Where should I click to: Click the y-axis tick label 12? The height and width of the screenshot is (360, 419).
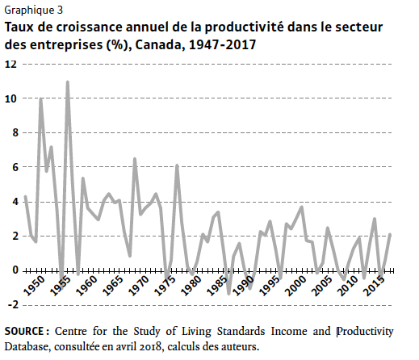pos(10,65)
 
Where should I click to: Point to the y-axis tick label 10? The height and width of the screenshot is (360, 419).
pos(10,98)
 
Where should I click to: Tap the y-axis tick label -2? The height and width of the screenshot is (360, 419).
pos(11,305)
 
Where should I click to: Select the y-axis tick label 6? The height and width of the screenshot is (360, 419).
pos(15,167)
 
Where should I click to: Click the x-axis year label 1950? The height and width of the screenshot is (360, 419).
pos(34,286)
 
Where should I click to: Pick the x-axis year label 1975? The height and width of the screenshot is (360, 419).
pos(166,286)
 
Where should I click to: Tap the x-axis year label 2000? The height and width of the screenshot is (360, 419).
pos(295,286)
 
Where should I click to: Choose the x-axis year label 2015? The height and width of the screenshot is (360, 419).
pos(374,286)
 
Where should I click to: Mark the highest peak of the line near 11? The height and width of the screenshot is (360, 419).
pos(68,82)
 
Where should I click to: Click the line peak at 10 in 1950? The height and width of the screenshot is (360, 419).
pos(41,98)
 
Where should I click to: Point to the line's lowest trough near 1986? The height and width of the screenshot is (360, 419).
pos(229,294)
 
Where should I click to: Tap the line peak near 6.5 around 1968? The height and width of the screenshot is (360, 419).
pos(135,159)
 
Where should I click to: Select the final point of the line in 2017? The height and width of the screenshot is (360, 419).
pos(390,235)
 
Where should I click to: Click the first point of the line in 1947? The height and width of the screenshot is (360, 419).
pos(25,196)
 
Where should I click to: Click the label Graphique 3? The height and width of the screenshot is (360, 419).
pos(34,10)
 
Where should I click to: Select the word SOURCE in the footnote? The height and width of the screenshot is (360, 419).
pos(24,331)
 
